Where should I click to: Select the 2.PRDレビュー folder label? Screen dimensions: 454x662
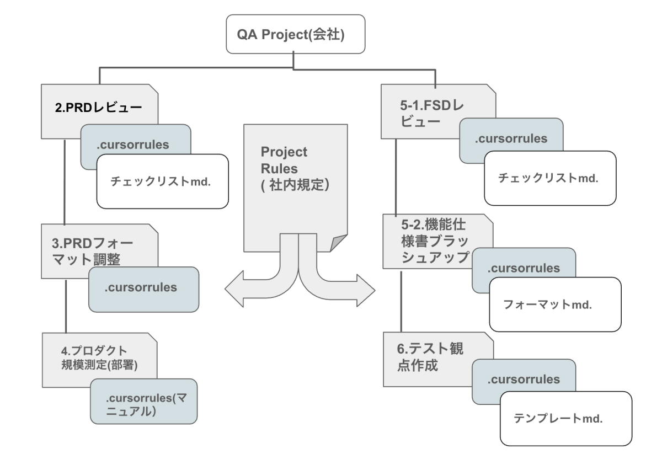pyautogui.click(x=98, y=109)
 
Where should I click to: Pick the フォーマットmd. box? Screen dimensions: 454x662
pyautogui.click(x=554, y=305)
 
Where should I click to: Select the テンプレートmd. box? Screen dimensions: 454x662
pyautogui.click(x=565, y=418)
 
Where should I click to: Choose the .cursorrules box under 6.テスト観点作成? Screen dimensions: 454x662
pyautogui.click(x=524, y=380)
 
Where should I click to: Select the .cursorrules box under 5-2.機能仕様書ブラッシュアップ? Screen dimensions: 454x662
pyautogui.click(x=524, y=268)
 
